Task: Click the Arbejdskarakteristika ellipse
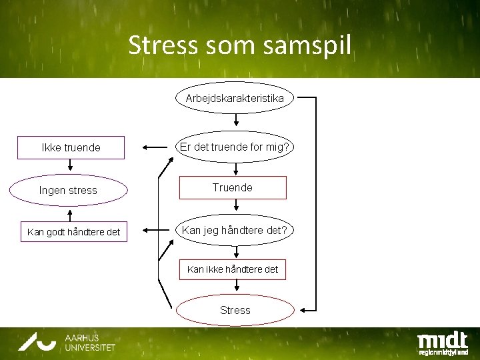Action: click(x=235, y=98)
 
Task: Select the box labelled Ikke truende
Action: click(x=71, y=147)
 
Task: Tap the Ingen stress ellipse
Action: click(x=68, y=190)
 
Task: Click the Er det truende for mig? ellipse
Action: click(x=235, y=146)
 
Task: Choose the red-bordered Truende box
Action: click(x=233, y=188)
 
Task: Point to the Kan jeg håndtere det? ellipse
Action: click(x=235, y=231)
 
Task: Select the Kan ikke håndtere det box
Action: click(x=233, y=270)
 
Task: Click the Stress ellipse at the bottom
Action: click(x=235, y=310)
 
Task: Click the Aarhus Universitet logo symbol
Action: click(x=37, y=341)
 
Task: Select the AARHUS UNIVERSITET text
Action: click(x=90, y=343)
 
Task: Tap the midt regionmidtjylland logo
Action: click(x=442, y=342)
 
